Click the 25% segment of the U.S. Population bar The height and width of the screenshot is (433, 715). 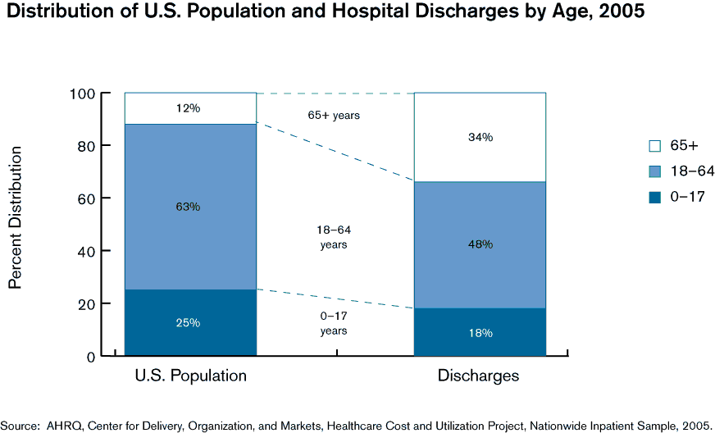click(190, 322)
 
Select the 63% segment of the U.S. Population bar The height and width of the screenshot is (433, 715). click(190, 207)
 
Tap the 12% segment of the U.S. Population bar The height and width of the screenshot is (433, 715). click(190, 108)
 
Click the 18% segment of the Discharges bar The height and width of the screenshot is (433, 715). click(480, 332)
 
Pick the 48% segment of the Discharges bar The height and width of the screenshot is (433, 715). click(480, 244)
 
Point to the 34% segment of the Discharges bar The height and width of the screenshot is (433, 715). click(480, 137)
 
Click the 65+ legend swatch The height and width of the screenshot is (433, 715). click(654, 146)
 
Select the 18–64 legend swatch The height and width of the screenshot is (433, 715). click(654, 171)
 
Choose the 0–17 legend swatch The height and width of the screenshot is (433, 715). click(654, 196)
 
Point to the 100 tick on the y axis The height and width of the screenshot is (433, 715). click(84, 93)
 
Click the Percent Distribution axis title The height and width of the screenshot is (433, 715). click(15, 217)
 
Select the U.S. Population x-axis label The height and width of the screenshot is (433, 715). click(190, 376)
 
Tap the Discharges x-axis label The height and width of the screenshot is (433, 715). click(479, 376)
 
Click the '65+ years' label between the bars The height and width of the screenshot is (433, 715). click(334, 116)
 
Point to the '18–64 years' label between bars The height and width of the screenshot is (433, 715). click(334, 237)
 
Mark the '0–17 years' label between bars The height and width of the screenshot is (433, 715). click(334, 323)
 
